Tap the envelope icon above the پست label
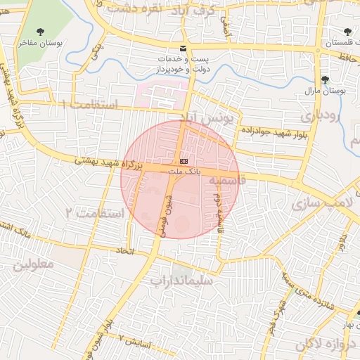(183, 48)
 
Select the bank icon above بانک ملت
(184, 161)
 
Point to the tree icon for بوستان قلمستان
(347, 31)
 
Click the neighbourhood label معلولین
(33, 265)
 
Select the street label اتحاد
(125, 250)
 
